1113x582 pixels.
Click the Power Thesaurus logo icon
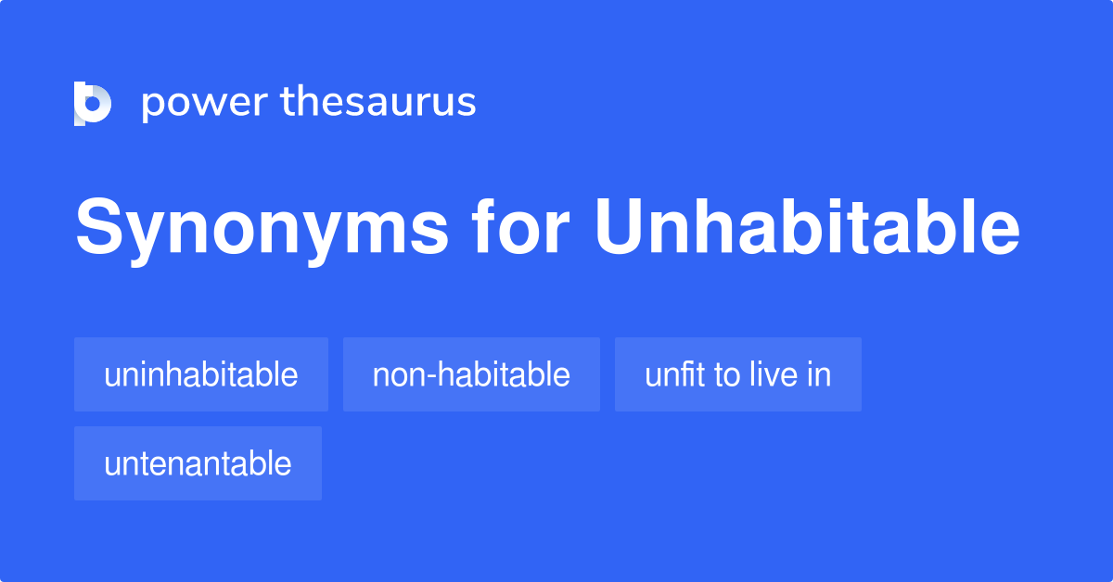click(93, 103)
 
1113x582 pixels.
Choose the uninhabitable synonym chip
click(201, 374)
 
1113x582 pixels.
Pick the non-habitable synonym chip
click(471, 374)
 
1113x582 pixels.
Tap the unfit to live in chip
click(738, 374)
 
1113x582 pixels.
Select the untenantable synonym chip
click(198, 463)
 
